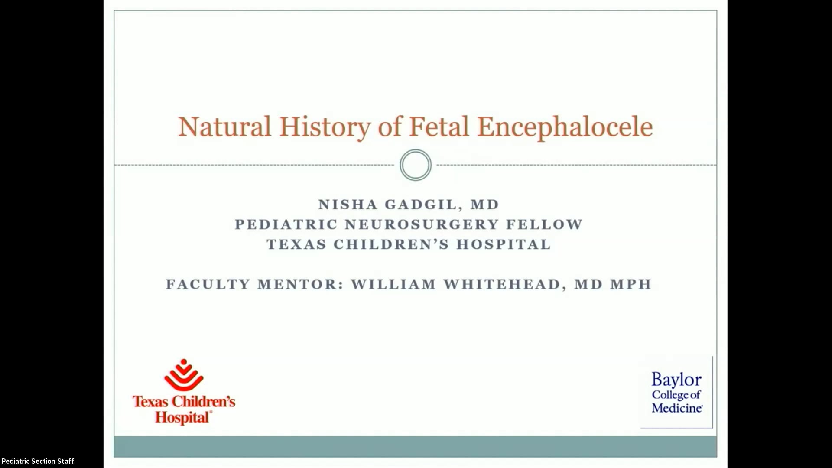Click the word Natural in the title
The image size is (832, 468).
(224, 127)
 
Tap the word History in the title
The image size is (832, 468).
(325, 127)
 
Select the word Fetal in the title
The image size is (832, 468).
(439, 127)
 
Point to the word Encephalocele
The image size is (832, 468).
(565, 127)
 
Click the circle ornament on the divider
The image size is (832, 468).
(415, 165)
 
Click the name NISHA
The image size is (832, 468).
(348, 205)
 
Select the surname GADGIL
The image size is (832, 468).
(421, 205)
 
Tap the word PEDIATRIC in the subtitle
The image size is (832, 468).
(286, 224)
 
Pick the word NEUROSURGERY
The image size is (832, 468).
(422, 224)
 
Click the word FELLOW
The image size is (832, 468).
(544, 224)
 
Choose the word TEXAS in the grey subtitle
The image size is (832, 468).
(296, 244)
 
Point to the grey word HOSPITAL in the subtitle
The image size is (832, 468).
(504, 244)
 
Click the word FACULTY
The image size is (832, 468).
(208, 284)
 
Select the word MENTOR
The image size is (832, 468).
(300, 284)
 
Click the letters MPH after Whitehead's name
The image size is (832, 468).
(630, 284)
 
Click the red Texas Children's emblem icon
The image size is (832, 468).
(184, 375)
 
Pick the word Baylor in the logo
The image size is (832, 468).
(676, 380)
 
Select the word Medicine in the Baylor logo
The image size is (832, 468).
(677, 408)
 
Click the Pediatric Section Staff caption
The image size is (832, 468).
(38, 461)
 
